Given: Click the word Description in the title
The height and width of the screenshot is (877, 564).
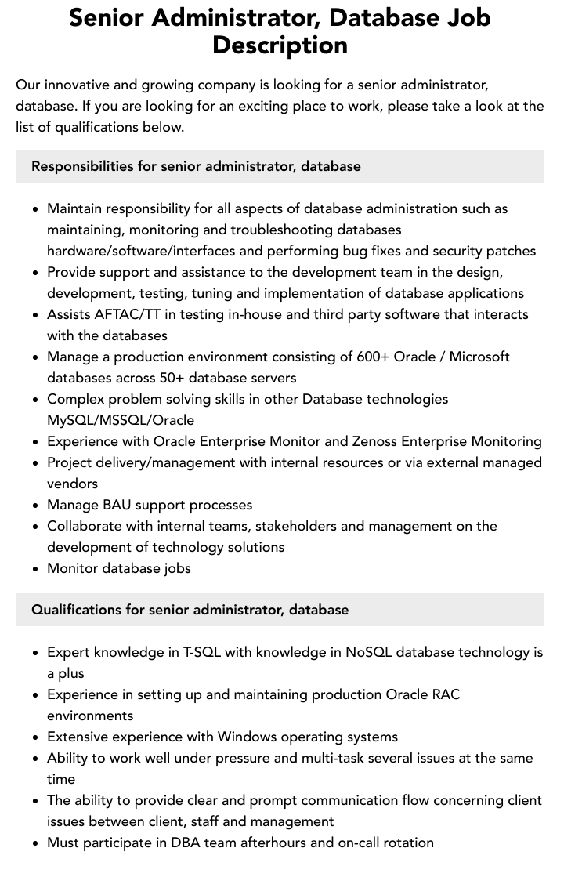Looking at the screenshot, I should [x=280, y=45].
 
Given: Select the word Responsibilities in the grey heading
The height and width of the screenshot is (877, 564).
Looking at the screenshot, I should [x=82, y=166].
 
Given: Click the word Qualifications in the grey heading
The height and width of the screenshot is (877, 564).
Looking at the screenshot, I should [x=76, y=610].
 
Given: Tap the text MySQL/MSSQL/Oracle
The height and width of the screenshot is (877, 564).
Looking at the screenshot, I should [x=121, y=420].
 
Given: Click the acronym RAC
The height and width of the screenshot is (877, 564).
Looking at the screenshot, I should [x=446, y=694].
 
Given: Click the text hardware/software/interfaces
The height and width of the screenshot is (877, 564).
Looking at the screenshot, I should [x=155, y=251].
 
